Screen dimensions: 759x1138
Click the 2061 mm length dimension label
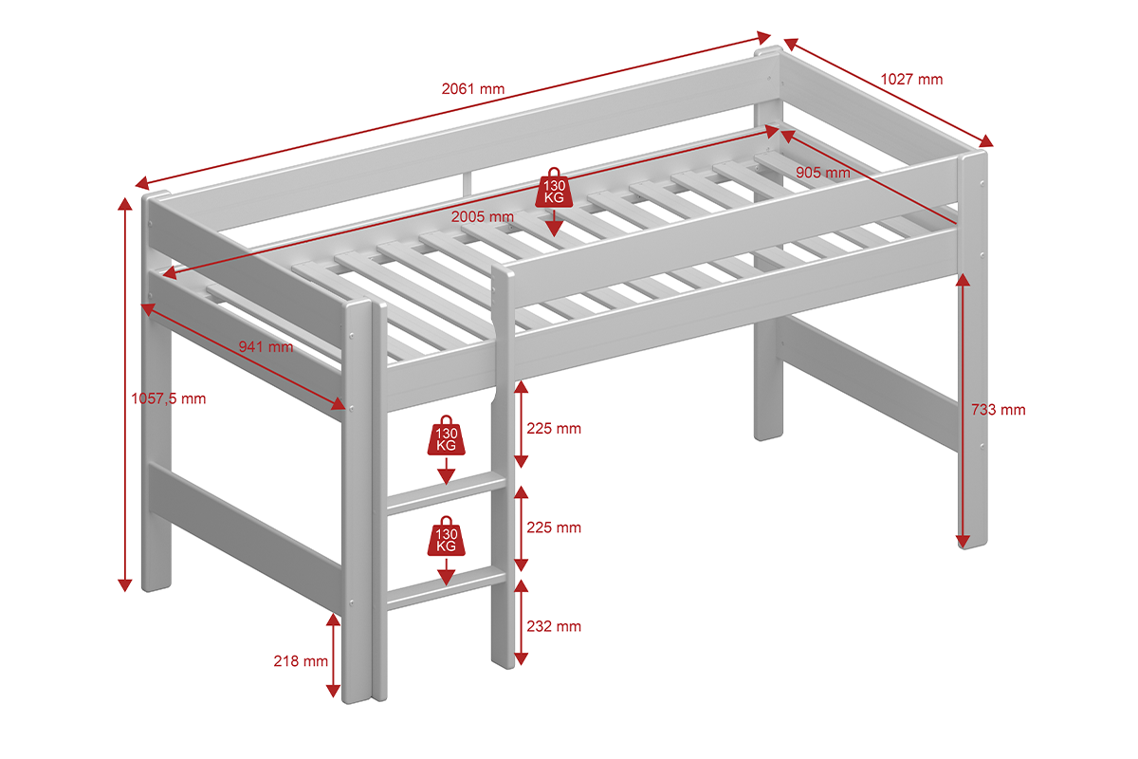click(472, 89)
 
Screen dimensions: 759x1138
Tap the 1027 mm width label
click(911, 80)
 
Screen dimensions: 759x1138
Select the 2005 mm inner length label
click(482, 216)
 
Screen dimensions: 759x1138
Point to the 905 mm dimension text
click(822, 173)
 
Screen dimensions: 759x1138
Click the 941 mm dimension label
click(266, 346)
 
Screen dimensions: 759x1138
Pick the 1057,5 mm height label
click(168, 398)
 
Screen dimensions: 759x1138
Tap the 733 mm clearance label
click(998, 410)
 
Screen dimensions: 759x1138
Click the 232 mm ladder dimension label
click(555, 626)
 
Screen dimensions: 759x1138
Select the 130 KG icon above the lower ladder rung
click(445, 537)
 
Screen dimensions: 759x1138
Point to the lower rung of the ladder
click(445, 586)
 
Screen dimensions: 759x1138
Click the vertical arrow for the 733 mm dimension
click(963, 410)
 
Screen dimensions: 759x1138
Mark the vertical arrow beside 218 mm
click(333, 655)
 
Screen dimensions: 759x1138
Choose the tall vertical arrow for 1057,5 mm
click(124, 394)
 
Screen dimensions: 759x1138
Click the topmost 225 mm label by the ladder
click(555, 429)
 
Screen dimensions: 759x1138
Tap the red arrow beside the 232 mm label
click(520, 623)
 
